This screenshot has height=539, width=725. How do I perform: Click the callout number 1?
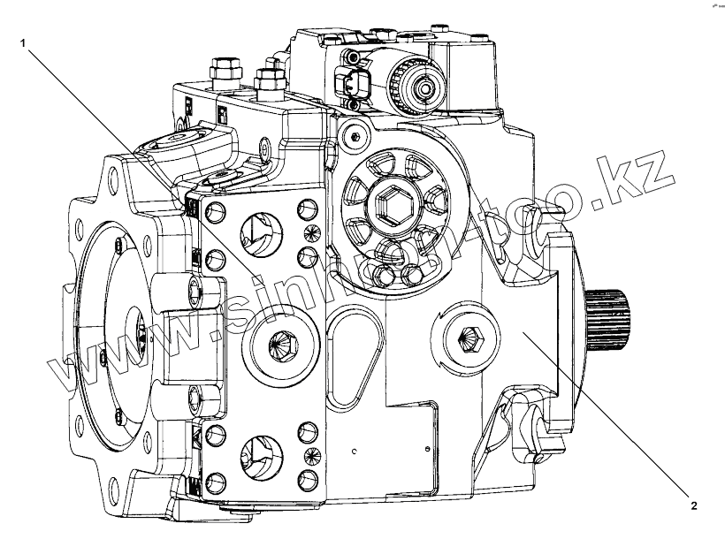click(25, 41)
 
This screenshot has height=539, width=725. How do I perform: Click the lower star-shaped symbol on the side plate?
click(309, 455)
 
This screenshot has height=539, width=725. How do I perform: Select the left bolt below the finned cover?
click(385, 278)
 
